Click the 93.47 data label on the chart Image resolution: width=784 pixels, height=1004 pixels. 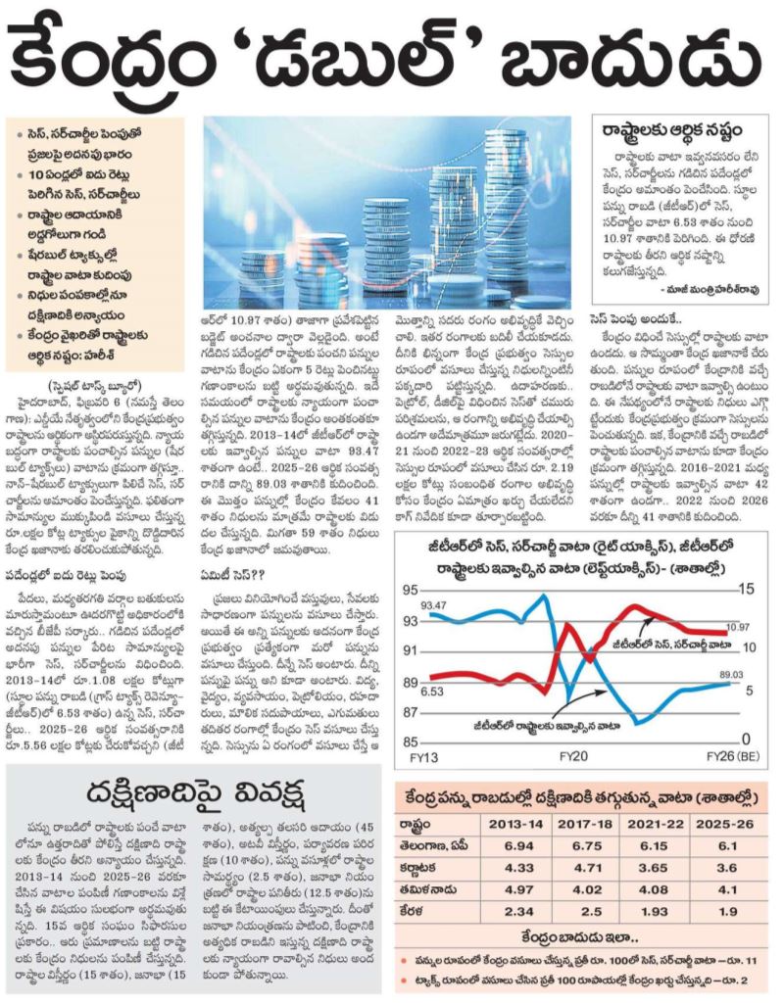[x=433, y=605]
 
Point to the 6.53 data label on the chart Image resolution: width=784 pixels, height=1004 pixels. [x=432, y=692]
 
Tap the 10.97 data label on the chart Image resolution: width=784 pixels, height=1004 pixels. [x=737, y=628]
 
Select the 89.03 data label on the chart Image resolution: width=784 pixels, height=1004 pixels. [x=731, y=674]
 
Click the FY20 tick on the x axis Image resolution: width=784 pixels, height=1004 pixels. [x=572, y=756]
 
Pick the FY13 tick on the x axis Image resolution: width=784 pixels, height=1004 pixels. [x=423, y=757]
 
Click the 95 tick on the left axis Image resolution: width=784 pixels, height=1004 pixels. [x=410, y=591]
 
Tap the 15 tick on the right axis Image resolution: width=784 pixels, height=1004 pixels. [x=746, y=589]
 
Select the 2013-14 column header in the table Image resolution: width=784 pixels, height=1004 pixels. [x=518, y=824]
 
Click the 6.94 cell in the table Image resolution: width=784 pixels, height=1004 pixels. [x=518, y=846]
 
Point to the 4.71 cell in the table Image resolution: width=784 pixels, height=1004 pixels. [x=587, y=868]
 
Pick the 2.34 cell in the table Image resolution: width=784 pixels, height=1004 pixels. [x=518, y=912]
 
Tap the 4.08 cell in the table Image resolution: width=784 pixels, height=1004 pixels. [x=654, y=890]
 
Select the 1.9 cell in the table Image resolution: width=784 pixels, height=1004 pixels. [x=727, y=912]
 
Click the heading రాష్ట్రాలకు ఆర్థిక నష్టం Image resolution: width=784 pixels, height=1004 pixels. [x=672, y=130]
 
